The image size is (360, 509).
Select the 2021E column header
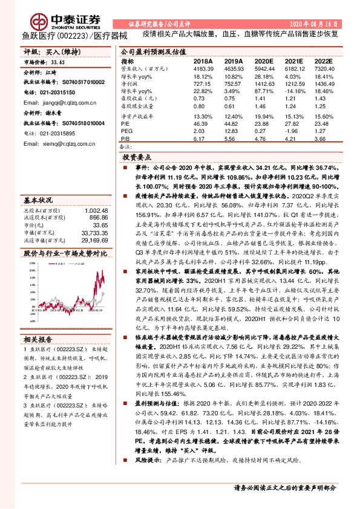[x=293, y=61]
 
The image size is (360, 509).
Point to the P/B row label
[x=125, y=138]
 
